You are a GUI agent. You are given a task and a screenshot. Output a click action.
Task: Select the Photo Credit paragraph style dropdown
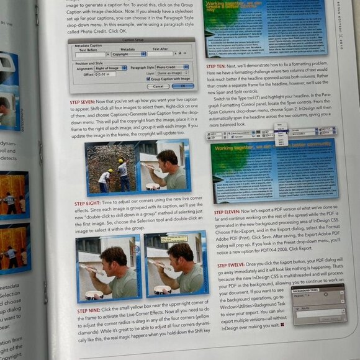click(x=173, y=66)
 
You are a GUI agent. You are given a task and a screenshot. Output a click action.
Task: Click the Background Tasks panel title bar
click(x=316, y=290)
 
